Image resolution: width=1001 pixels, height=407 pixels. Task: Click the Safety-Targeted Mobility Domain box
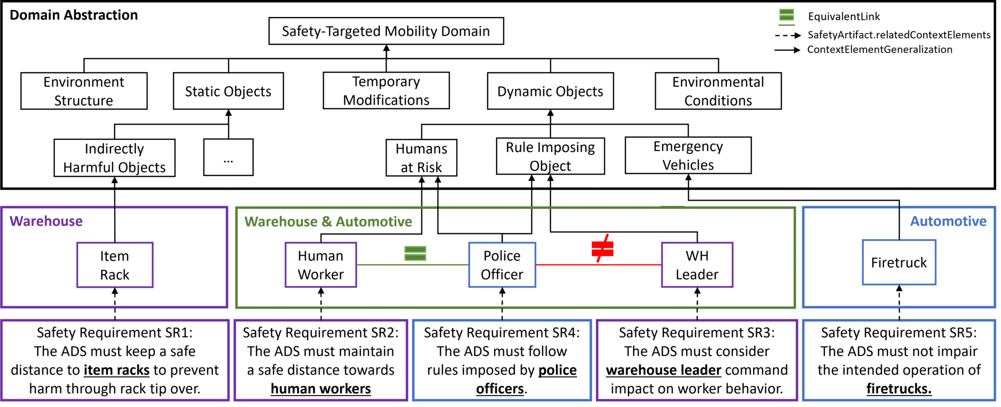pyautogui.click(x=386, y=31)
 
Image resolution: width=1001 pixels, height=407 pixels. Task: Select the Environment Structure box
pyautogui.click(x=84, y=91)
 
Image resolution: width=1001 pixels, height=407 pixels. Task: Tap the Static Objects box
pyautogui.click(x=228, y=91)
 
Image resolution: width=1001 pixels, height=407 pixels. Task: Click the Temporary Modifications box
pyautogui.click(x=386, y=91)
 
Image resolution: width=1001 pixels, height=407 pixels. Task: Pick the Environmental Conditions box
pyautogui.click(x=718, y=91)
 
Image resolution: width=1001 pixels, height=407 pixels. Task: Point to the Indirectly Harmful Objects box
pyautogui.click(x=114, y=158)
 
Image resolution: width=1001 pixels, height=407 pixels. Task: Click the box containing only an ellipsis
pyautogui.click(x=228, y=158)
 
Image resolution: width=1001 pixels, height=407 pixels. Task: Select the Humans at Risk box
pyautogui.click(x=421, y=158)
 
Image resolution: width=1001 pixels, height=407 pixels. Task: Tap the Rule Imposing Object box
pyautogui.click(x=550, y=157)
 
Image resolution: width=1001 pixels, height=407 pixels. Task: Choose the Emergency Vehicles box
pyautogui.click(x=688, y=156)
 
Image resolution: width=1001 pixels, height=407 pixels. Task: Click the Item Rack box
pyautogui.click(x=115, y=265)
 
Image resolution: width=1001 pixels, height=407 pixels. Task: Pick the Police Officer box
pyautogui.click(x=502, y=265)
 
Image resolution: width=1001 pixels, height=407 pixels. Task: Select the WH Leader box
pyautogui.click(x=697, y=265)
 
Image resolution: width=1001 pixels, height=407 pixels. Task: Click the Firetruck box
pyautogui.click(x=899, y=263)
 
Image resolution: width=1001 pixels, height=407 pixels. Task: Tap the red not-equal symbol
pyautogui.click(x=602, y=249)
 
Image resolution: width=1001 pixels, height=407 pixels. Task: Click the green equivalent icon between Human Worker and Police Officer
pyautogui.click(x=415, y=253)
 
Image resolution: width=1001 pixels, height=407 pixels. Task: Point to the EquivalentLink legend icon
pyautogui.click(x=786, y=16)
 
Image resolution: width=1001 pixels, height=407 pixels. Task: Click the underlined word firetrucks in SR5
pyautogui.click(x=899, y=389)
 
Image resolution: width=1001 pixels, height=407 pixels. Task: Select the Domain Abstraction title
pyautogui.click(x=74, y=16)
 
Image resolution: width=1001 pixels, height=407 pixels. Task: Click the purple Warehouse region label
pyautogui.click(x=46, y=222)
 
